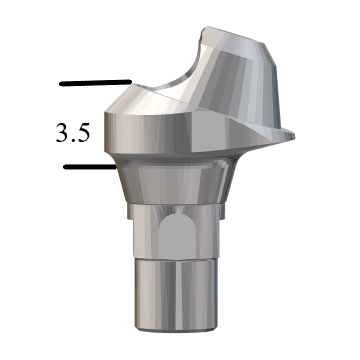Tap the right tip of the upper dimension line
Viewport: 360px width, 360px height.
(130, 82)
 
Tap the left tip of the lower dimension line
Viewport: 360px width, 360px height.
(64, 167)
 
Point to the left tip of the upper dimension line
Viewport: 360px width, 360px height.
(60, 82)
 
